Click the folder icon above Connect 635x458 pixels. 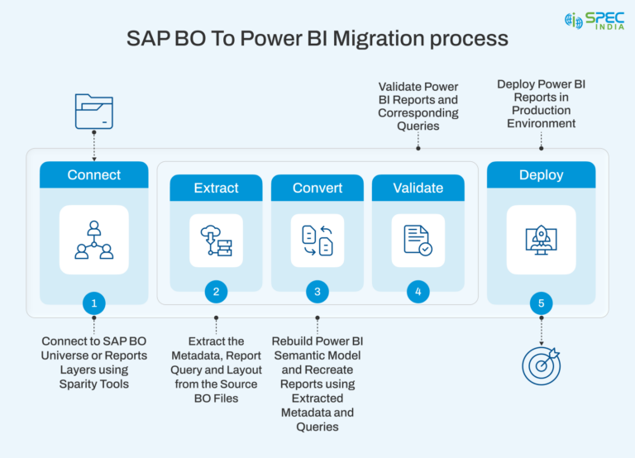coord(93,112)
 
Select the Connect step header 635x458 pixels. coord(93,175)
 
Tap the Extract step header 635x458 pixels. coord(216,188)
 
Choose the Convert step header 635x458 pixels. coord(317,188)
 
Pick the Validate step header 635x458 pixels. coord(418,188)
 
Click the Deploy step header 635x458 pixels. coord(541,175)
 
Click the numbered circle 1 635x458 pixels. coord(93,303)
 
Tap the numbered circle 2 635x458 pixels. coord(216,291)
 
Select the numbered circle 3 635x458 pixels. coord(317,291)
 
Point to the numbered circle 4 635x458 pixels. coord(418,291)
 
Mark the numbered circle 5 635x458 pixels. coord(541,303)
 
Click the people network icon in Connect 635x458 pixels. coord(93,240)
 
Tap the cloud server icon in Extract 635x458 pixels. coord(216,240)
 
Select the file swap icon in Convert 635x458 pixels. coord(317,240)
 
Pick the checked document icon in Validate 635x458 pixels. coord(418,240)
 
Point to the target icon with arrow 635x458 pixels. coord(541,365)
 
